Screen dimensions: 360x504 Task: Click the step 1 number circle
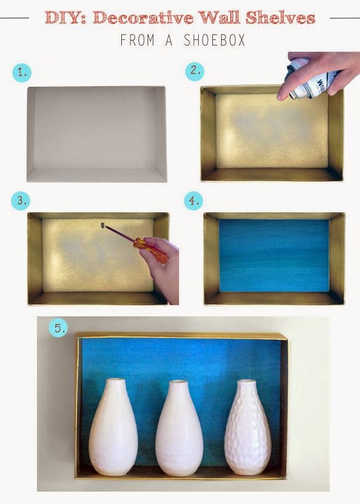click(x=22, y=73)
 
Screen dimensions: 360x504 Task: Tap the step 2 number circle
click(x=195, y=71)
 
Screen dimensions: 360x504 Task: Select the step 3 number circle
click(x=21, y=201)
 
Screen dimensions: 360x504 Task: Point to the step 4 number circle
click(x=193, y=201)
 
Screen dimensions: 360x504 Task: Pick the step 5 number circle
click(x=58, y=328)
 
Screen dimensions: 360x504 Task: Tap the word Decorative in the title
click(x=143, y=18)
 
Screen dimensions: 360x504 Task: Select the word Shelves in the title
click(x=280, y=18)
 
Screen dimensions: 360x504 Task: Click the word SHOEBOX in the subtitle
click(x=214, y=41)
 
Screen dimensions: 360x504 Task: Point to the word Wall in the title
click(x=220, y=18)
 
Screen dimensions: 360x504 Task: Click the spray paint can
click(x=309, y=79)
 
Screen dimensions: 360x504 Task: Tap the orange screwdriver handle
click(x=150, y=250)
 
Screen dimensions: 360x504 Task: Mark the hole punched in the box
click(x=103, y=225)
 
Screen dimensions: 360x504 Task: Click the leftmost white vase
click(x=113, y=427)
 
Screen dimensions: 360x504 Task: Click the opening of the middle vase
click(x=178, y=382)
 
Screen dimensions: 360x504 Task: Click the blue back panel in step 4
click(x=274, y=255)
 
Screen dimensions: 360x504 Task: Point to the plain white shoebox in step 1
click(x=97, y=134)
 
